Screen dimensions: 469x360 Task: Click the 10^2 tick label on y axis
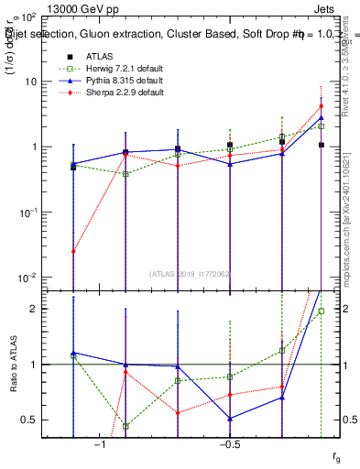(37, 16)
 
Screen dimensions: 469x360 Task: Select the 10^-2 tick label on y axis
(37, 278)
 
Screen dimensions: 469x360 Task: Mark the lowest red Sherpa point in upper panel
(73, 251)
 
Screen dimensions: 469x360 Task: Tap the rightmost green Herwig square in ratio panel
(322, 311)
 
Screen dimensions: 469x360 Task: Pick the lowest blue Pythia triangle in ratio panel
(230, 419)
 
